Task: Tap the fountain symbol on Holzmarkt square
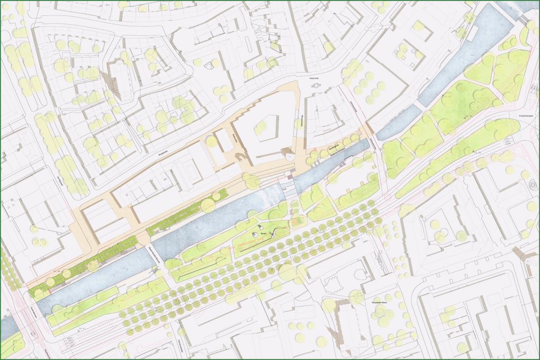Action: pyautogui.click(x=317, y=85)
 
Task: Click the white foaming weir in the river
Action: pyautogui.click(x=267, y=195)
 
